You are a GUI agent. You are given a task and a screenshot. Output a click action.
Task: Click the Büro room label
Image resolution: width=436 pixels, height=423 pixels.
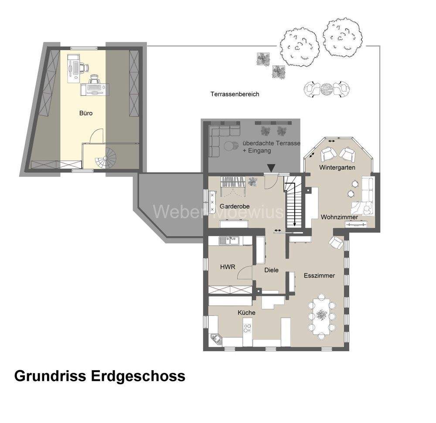click(x=86, y=113)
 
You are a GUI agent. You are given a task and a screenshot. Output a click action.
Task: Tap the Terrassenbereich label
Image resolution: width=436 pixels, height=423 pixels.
click(x=235, y=94)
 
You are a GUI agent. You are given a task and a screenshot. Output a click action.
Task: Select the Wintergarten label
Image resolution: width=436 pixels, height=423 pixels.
click(x=337, y=168)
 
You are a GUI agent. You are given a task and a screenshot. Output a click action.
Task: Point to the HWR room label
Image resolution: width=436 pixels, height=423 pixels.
click(x=228, y=267)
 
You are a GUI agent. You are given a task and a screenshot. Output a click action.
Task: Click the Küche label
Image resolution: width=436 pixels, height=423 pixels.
click(x=246, y=313)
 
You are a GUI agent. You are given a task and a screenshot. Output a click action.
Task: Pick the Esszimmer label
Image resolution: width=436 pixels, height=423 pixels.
click(x=320, y=276)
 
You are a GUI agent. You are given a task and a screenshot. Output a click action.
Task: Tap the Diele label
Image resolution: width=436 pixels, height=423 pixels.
click(x=271, y=270)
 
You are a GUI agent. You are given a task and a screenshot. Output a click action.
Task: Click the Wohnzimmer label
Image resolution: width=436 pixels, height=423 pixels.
click(x=339, y=217)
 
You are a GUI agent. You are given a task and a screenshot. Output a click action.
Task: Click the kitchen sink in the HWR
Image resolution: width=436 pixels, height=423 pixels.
click(x=228, y=239)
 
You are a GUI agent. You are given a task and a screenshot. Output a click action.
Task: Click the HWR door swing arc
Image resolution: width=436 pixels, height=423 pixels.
click(x=245, y=273)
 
